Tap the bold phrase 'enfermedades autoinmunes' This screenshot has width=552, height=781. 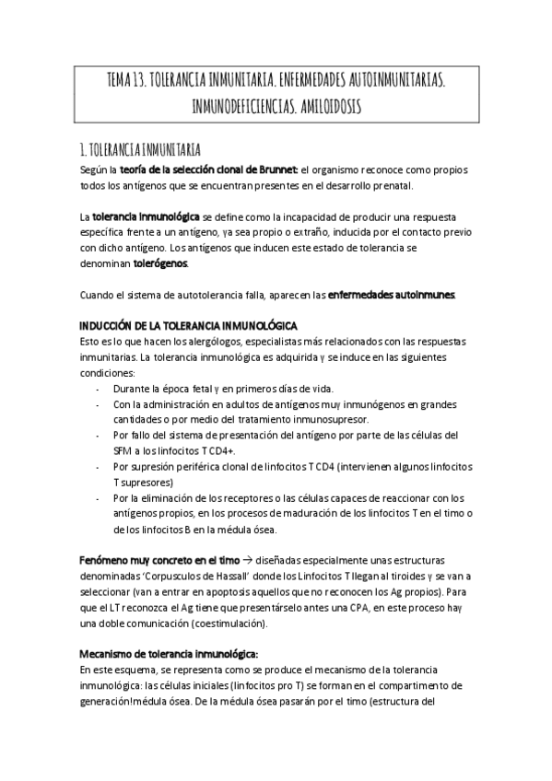(391, 295)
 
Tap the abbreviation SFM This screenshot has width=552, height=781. (123, 451)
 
